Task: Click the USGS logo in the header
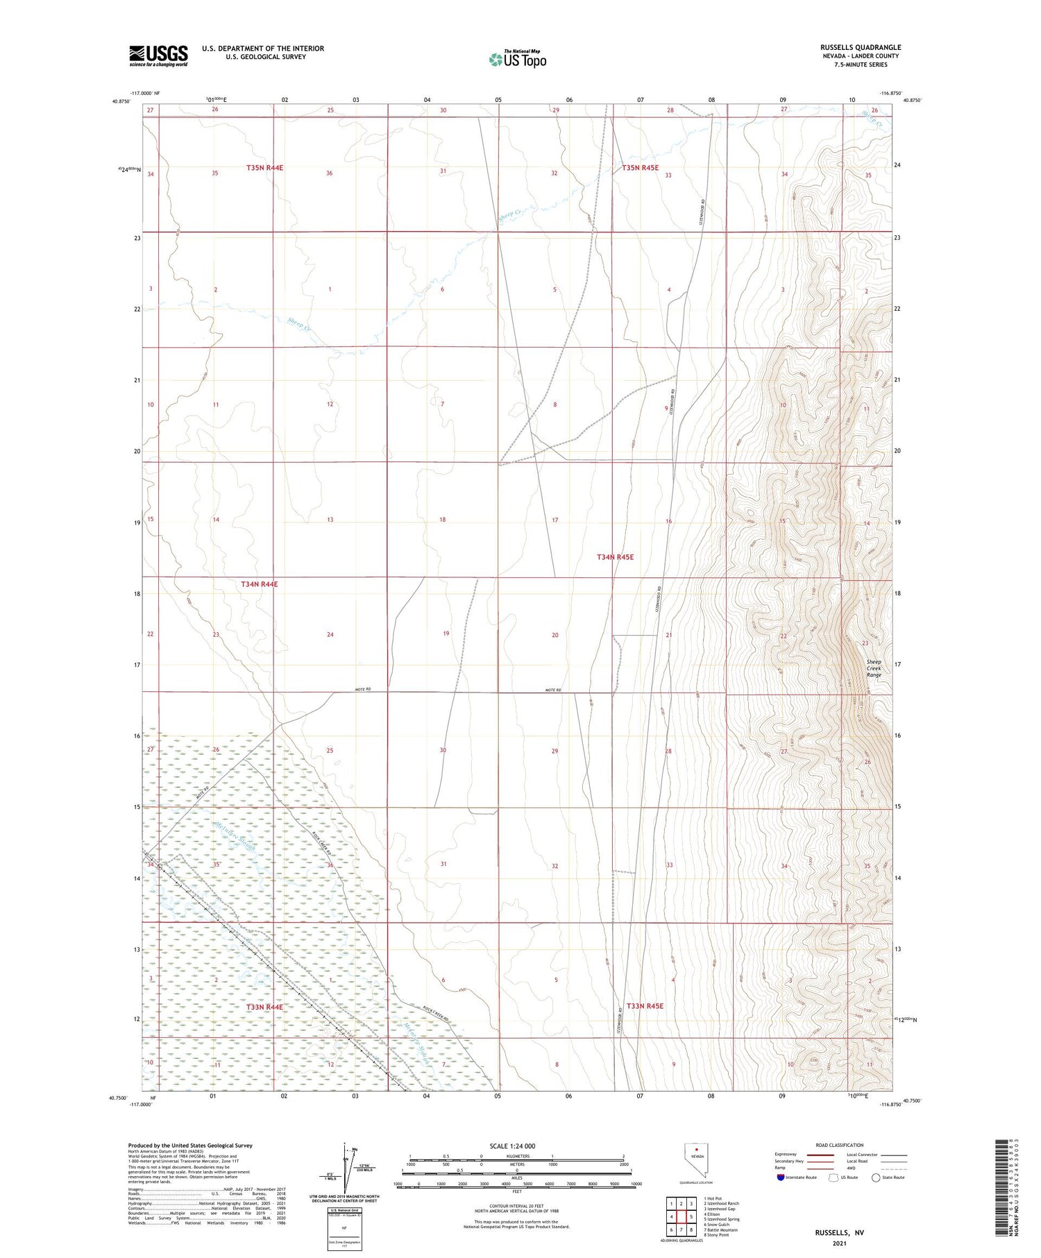158,56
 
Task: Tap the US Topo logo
517,60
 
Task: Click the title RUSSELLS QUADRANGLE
860,47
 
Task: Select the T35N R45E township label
640,168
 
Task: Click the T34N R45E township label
615,557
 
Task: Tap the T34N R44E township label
259,584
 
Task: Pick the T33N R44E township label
264,1007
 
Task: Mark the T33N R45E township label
645,1006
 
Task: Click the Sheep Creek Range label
874,668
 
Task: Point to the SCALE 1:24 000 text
512,1146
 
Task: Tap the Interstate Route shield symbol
780,1178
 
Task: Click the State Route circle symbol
876,1178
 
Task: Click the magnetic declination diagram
345,1170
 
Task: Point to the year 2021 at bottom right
839,1244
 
